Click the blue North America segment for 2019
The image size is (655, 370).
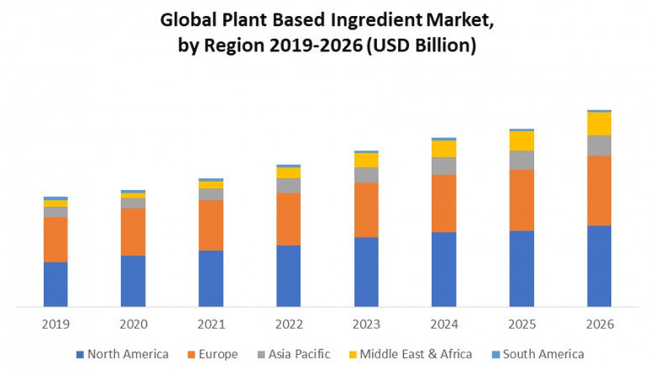(55, 284)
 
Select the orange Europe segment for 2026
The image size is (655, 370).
(599, 190)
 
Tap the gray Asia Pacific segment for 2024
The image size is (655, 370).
(443, 166)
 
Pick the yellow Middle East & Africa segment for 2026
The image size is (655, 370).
(599, 124)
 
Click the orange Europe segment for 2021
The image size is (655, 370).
(211, 225)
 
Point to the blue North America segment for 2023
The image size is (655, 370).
(366, 272)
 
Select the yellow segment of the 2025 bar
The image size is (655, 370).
(521, 140)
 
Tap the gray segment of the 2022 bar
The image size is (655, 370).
(288, 185)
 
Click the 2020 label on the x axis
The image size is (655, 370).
(133, 324)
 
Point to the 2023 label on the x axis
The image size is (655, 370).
(366, 324)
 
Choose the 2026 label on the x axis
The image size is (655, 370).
(599, 324)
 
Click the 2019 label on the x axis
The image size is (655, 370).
(55, 324)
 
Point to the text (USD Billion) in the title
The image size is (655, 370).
(421, 46)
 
